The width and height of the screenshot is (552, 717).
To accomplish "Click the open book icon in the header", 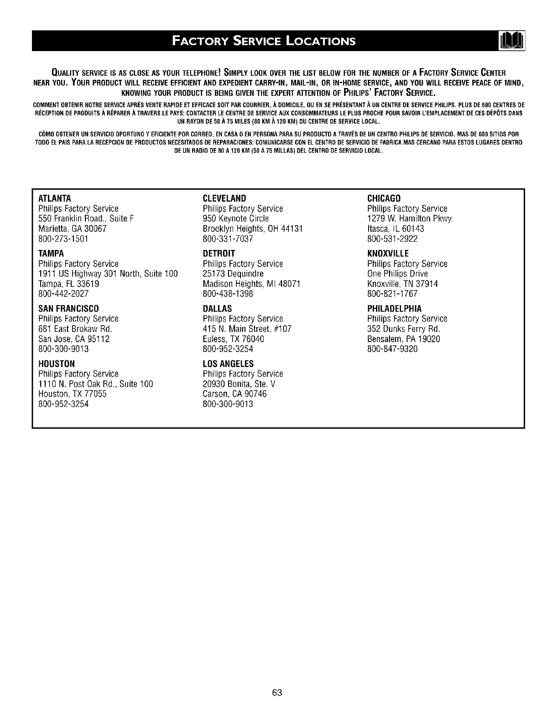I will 512,41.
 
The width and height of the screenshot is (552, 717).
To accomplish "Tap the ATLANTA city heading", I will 54,198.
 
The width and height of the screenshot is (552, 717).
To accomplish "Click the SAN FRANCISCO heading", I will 68,309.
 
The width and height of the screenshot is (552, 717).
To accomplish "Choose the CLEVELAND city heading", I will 224,198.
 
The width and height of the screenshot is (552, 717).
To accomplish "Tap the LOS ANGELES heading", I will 228,364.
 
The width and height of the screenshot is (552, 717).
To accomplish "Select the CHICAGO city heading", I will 384,198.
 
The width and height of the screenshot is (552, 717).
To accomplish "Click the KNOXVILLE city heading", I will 388,254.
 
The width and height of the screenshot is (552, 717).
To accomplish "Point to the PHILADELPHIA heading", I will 395,309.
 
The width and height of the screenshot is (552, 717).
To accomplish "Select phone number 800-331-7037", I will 228,239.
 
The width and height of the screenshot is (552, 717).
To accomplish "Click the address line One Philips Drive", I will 397,274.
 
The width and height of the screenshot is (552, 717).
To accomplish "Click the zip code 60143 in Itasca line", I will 413,229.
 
